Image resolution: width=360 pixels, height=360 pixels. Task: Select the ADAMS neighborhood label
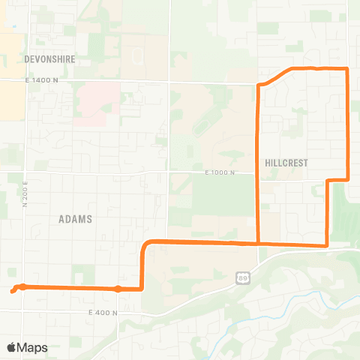[75, 219]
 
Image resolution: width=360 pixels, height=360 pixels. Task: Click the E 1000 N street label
[220, 172]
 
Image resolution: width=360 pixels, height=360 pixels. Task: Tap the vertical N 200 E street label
[25, 193]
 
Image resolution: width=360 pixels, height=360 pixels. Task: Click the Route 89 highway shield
[242, 278]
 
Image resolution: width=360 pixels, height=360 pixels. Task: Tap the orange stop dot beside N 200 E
[23, 286]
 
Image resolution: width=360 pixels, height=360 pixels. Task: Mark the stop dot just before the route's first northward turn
[118, 289]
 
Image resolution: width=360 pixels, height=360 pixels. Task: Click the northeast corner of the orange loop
[347, 69]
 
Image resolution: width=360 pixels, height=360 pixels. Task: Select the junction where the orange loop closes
[258, 243]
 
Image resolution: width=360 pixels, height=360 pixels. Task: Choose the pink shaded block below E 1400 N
[96, 103]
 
